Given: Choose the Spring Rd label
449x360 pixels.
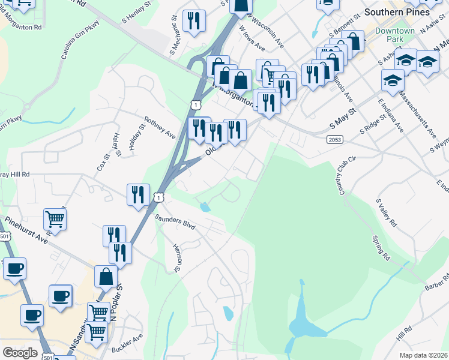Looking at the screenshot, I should click(x=381, y=247).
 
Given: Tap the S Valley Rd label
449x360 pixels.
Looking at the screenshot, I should click(x=386, y=213).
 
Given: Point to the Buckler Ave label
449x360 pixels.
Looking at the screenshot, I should click(x=127, y=349).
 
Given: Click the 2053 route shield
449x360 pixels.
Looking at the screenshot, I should click(x=336, y=140).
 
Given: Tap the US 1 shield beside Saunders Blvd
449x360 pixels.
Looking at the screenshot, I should click(x=158, y=197).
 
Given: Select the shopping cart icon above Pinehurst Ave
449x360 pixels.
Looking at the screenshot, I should click(x=55, y=219).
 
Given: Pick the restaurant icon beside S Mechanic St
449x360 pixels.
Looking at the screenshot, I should click(x=194, y=21).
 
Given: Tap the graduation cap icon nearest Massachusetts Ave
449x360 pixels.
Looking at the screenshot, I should click(x=393, y=80).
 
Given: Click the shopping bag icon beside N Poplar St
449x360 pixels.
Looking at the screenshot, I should click(x=106, y=277).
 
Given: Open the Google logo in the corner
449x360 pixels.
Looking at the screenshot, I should click(x=20, y=353).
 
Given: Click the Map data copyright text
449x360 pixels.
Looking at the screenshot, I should click(x=424, y=355).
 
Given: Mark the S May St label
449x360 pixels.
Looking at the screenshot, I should click(x=343, y=120).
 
